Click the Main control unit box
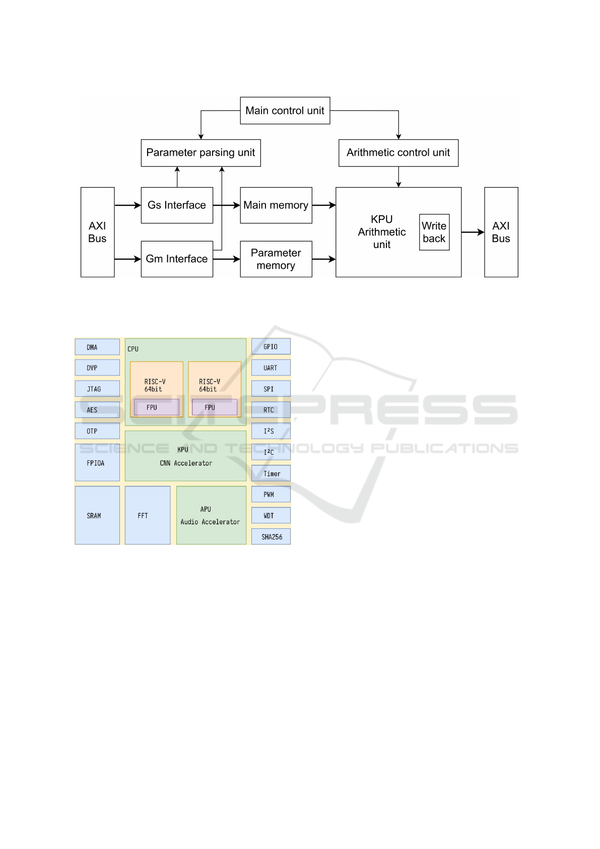(x=285, y=110)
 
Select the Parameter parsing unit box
(x=201, y=153)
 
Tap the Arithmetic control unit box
(x=398, y=153)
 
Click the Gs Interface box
(x=177, y=205)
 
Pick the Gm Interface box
(x=177, y=259)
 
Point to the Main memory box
(x=276, y=205)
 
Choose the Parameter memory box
(x=276, y=259)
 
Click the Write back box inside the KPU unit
(x=434, y=232)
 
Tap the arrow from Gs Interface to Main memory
(x=226, y=205)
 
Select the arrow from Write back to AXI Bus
(x=473, y=232)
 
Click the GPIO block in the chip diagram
(x=271, y=347)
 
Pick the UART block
(x=271, y=368)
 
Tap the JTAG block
(x=97, y=389)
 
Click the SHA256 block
(x=271, y=537)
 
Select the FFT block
(x=147, y=515)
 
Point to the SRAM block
(x=97, y=515)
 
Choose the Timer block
(x=271, y=473)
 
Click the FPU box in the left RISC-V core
(x=156, y=407)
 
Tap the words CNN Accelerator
(x=186, y=463)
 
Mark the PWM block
(x=271, y=495)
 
